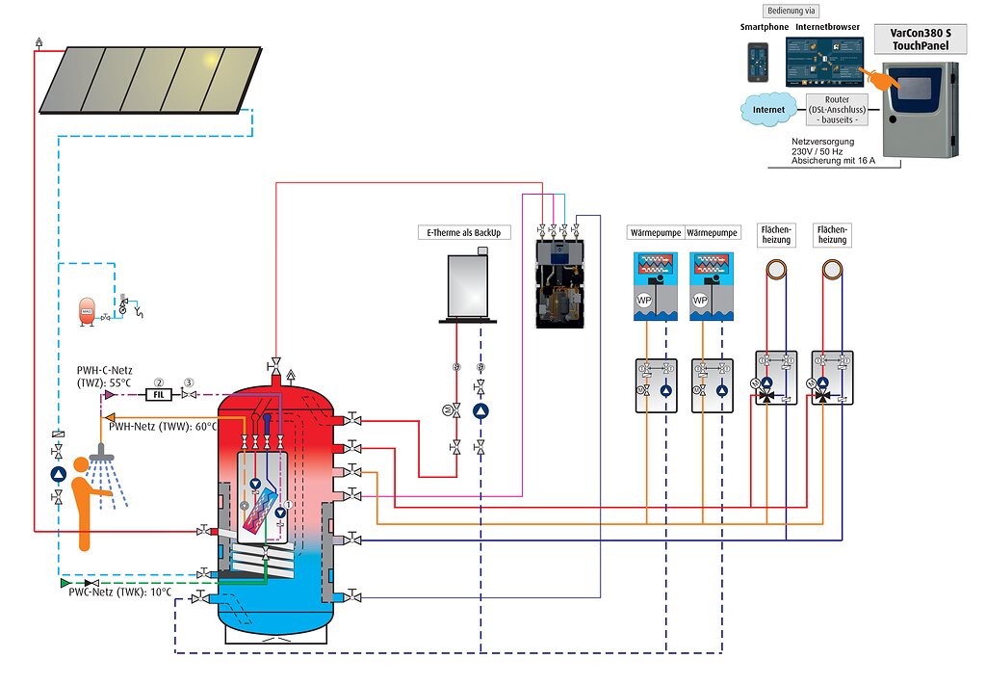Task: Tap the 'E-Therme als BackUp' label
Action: pyautogui.click(x=464, y=232)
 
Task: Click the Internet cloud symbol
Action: pyautogui.click(x=768, y=110)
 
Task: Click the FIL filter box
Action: pyautogui.click(x=155, y=394)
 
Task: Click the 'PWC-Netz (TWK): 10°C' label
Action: pyautogui.click(x=120, y=592)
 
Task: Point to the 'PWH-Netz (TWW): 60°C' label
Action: pyautogui.click(x=163, y=425)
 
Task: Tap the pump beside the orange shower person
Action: pyautogui.click(x=58, y=474)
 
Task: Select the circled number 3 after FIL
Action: pyautogui.click(x=189, y=382)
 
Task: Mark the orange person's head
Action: pyautogui.click(x=81, y=466)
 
